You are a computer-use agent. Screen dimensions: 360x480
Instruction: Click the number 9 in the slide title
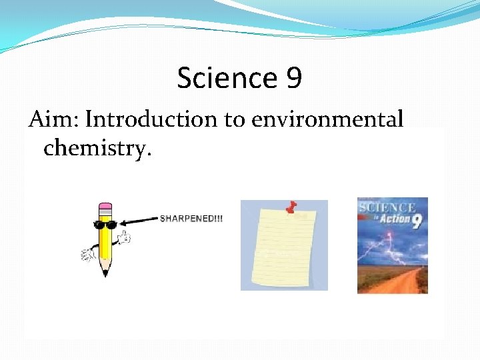293,79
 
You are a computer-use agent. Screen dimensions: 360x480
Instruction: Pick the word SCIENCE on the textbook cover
387,208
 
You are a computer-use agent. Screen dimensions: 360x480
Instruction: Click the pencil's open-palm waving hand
88,255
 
